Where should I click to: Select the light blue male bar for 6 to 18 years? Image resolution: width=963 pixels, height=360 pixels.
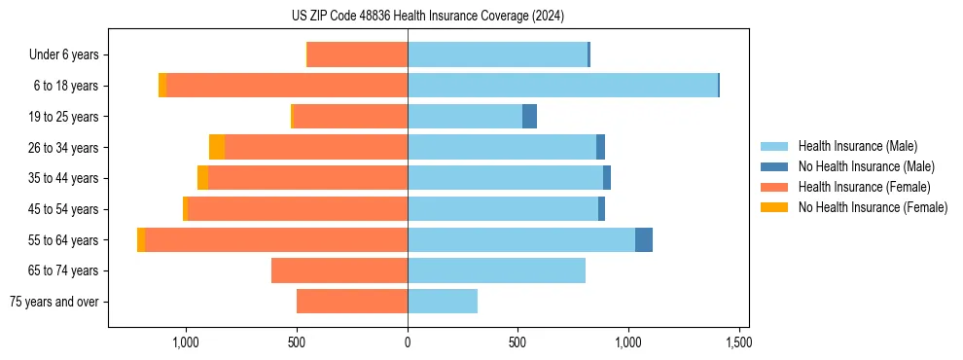point(562,86)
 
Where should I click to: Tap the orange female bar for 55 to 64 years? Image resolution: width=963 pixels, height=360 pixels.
point(276,239)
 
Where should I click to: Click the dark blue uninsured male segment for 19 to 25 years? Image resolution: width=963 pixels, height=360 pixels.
point(529,117)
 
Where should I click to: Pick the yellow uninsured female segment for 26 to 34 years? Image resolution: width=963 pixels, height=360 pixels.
point(217,147)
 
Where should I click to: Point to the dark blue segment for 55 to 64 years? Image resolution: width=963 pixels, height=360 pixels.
point(644,239)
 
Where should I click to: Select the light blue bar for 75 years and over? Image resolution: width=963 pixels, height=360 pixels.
point(443,302)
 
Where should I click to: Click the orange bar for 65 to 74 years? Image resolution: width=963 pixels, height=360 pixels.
point(339,270)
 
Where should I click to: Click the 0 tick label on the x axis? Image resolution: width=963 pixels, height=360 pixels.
point(408,342)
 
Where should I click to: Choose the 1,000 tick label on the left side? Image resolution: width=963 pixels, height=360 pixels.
point(186,342)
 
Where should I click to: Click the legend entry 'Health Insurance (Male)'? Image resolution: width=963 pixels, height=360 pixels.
point(857,146)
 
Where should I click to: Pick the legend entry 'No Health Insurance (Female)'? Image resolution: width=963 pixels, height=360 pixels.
point(873,207)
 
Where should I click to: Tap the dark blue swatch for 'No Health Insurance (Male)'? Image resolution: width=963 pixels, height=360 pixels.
point(774,166)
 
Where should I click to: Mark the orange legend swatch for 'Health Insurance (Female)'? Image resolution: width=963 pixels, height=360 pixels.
point(774,187)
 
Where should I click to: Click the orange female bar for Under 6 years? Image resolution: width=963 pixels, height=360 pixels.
point(357,55)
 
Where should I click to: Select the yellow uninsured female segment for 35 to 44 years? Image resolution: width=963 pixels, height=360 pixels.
point(202,178)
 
